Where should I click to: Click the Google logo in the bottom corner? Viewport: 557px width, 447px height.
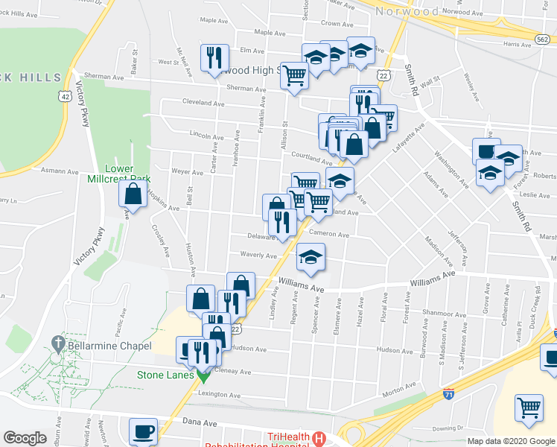pos(25,438)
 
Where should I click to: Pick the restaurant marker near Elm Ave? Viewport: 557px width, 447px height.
pos(213,57)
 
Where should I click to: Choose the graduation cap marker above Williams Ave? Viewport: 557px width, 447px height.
pos(311,258)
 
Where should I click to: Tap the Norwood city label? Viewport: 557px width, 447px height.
pos(407,11)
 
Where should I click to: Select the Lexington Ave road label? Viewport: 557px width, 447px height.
pos(220,395)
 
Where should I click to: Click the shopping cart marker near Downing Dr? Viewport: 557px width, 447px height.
pos(529,407)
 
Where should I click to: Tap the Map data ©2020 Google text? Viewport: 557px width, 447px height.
pos(511,441)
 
